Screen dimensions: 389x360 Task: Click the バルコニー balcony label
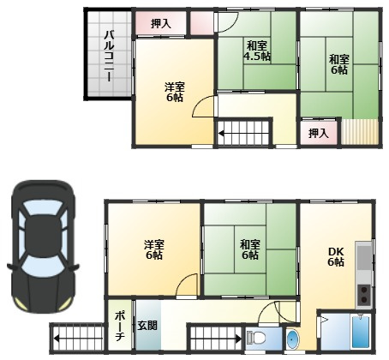(109, 56)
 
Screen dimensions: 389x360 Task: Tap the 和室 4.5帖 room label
(257, 51)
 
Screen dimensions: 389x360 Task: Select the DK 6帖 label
(336, 256)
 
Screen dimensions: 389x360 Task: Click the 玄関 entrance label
(147, 326)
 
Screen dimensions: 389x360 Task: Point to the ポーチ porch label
(120, 327)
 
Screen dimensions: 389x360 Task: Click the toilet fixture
(256, 338)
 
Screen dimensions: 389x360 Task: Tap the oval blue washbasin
(292, 339)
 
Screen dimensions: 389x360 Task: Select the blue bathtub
(361, 332)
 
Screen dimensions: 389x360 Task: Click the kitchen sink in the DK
(364, 257)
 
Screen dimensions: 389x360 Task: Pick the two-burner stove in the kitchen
(364, 294)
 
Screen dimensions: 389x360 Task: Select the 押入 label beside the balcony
(161, 23)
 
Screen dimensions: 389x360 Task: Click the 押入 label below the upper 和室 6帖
(319, 133)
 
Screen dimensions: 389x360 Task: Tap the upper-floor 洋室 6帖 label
(174, 92)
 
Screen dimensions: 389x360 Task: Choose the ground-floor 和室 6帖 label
(250, 249)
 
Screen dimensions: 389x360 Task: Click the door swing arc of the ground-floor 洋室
(185, 280)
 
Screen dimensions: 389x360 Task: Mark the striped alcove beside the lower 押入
(360, 132)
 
